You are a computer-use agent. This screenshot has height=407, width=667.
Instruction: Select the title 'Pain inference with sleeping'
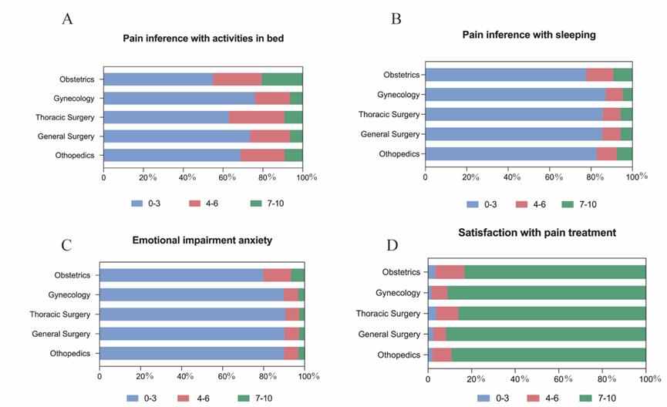[x=528, y=35]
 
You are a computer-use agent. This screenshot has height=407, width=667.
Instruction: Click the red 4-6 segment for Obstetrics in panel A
[x=237, y=79]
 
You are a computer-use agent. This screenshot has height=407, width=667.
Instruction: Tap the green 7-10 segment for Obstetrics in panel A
[x=282, y=79]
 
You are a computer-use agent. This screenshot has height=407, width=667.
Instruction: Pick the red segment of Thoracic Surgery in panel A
[x=257, y=117]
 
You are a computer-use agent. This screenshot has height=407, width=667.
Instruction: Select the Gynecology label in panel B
[x=399, y=95]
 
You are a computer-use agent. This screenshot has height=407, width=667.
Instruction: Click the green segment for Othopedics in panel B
[x=625, y=153]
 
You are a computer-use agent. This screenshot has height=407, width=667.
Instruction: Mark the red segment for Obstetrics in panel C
[x=278, y=275]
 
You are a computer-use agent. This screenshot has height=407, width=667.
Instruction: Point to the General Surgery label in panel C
[x=61, y=334]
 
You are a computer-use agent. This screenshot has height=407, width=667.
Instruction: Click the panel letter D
[x=392, y=246]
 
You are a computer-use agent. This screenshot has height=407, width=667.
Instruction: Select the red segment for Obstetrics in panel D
[x=450, y=271]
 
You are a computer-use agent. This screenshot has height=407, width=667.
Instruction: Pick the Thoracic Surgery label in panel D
[x=388, y=313]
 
